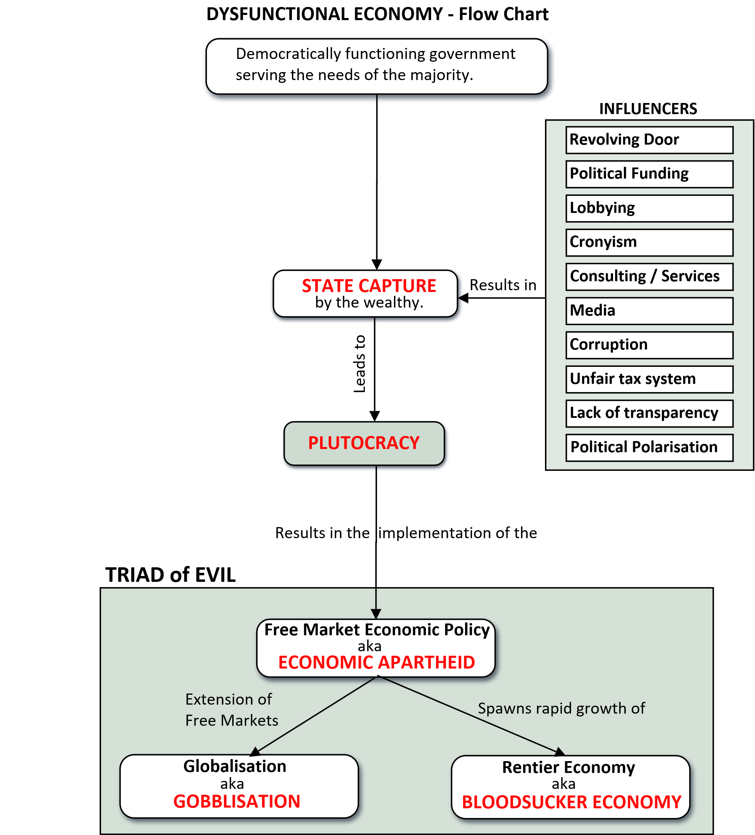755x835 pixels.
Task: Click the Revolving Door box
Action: coord(649,140)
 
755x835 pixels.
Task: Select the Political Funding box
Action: coord(649,174)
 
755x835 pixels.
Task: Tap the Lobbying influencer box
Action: coord(649,208)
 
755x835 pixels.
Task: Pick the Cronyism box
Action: coord(649,242)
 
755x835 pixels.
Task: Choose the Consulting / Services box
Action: coord(649,277)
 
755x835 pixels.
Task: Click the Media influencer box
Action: coord(649,311)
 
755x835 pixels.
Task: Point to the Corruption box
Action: coord(649,345)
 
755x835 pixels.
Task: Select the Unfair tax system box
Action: coord(649,379)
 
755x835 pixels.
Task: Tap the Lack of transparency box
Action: coord(649,413)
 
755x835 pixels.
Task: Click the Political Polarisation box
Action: coord(649,447)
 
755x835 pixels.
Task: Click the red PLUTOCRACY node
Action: coord(364,443)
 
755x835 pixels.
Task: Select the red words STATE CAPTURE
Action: coord(369,286)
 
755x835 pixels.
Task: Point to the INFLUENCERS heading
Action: coord(648,109)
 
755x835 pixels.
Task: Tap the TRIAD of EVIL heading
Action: coord(170,575)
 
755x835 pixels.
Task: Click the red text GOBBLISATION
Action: coord(237,801)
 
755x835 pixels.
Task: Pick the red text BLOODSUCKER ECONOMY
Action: coord(571,802)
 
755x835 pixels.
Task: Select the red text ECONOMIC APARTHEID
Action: coord(377,662)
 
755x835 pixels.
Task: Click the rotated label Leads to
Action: coord(360,364)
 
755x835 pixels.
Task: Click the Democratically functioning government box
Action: coord(377,66)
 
